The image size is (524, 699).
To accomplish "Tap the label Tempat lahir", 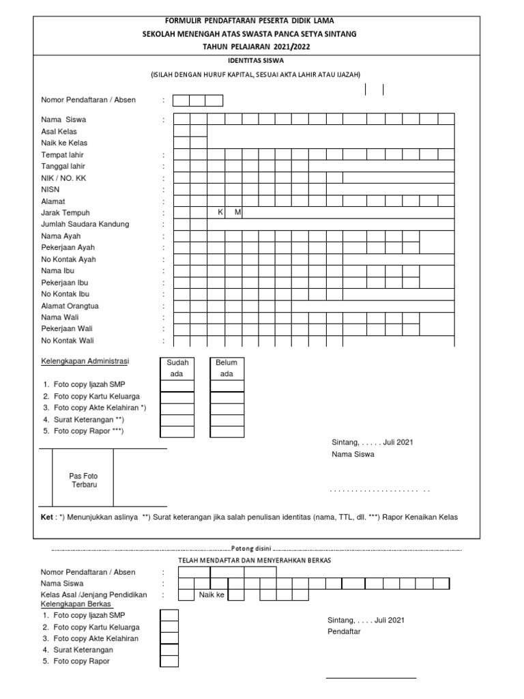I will coord(62,155).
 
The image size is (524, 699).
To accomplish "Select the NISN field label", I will coord(50,189).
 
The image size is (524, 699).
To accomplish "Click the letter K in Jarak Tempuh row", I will coord(220,212).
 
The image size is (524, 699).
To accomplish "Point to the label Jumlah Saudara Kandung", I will coord(85,224).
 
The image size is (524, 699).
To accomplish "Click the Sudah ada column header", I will coord(177,368).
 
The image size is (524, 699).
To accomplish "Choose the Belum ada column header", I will coord(227,368).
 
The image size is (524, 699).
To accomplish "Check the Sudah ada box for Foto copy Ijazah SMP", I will coord(177,386).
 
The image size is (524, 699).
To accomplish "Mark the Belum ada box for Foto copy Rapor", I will coord(227,432).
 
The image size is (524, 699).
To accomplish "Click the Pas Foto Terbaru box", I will coord(83,479).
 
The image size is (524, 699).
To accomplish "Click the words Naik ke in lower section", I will coord(211,595).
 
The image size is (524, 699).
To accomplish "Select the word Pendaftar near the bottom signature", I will coord(344,631).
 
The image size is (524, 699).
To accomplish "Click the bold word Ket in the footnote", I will coord(47,517).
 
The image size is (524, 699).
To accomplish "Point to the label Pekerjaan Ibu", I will coord(64,282).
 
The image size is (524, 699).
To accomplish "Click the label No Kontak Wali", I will coord(68,340).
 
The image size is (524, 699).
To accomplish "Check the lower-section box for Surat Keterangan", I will coord(169,649).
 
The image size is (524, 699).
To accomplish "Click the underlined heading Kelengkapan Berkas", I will coord(76,604).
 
